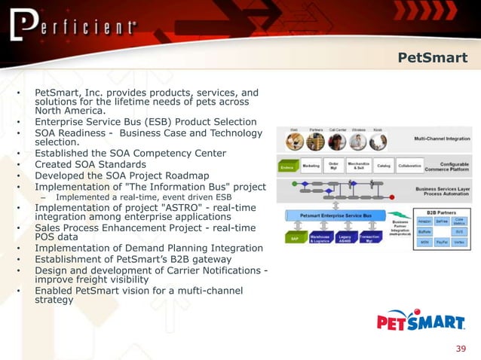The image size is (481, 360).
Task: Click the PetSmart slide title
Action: [x=432, y=58]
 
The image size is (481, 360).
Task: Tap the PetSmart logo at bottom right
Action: [x=421, y=323]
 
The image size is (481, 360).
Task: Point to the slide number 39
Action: [x=461, y=348]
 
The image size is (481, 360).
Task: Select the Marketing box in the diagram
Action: [x=311, y=166]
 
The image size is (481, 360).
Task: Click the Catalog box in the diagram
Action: [x=384, y=166]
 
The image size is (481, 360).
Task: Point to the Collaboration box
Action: [x=409, y=166]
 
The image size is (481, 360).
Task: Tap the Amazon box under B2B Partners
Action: [x=424, y=221]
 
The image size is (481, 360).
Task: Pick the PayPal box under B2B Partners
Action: [x=441, y=243]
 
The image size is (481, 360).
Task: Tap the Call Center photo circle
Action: [x=337, y=142]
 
